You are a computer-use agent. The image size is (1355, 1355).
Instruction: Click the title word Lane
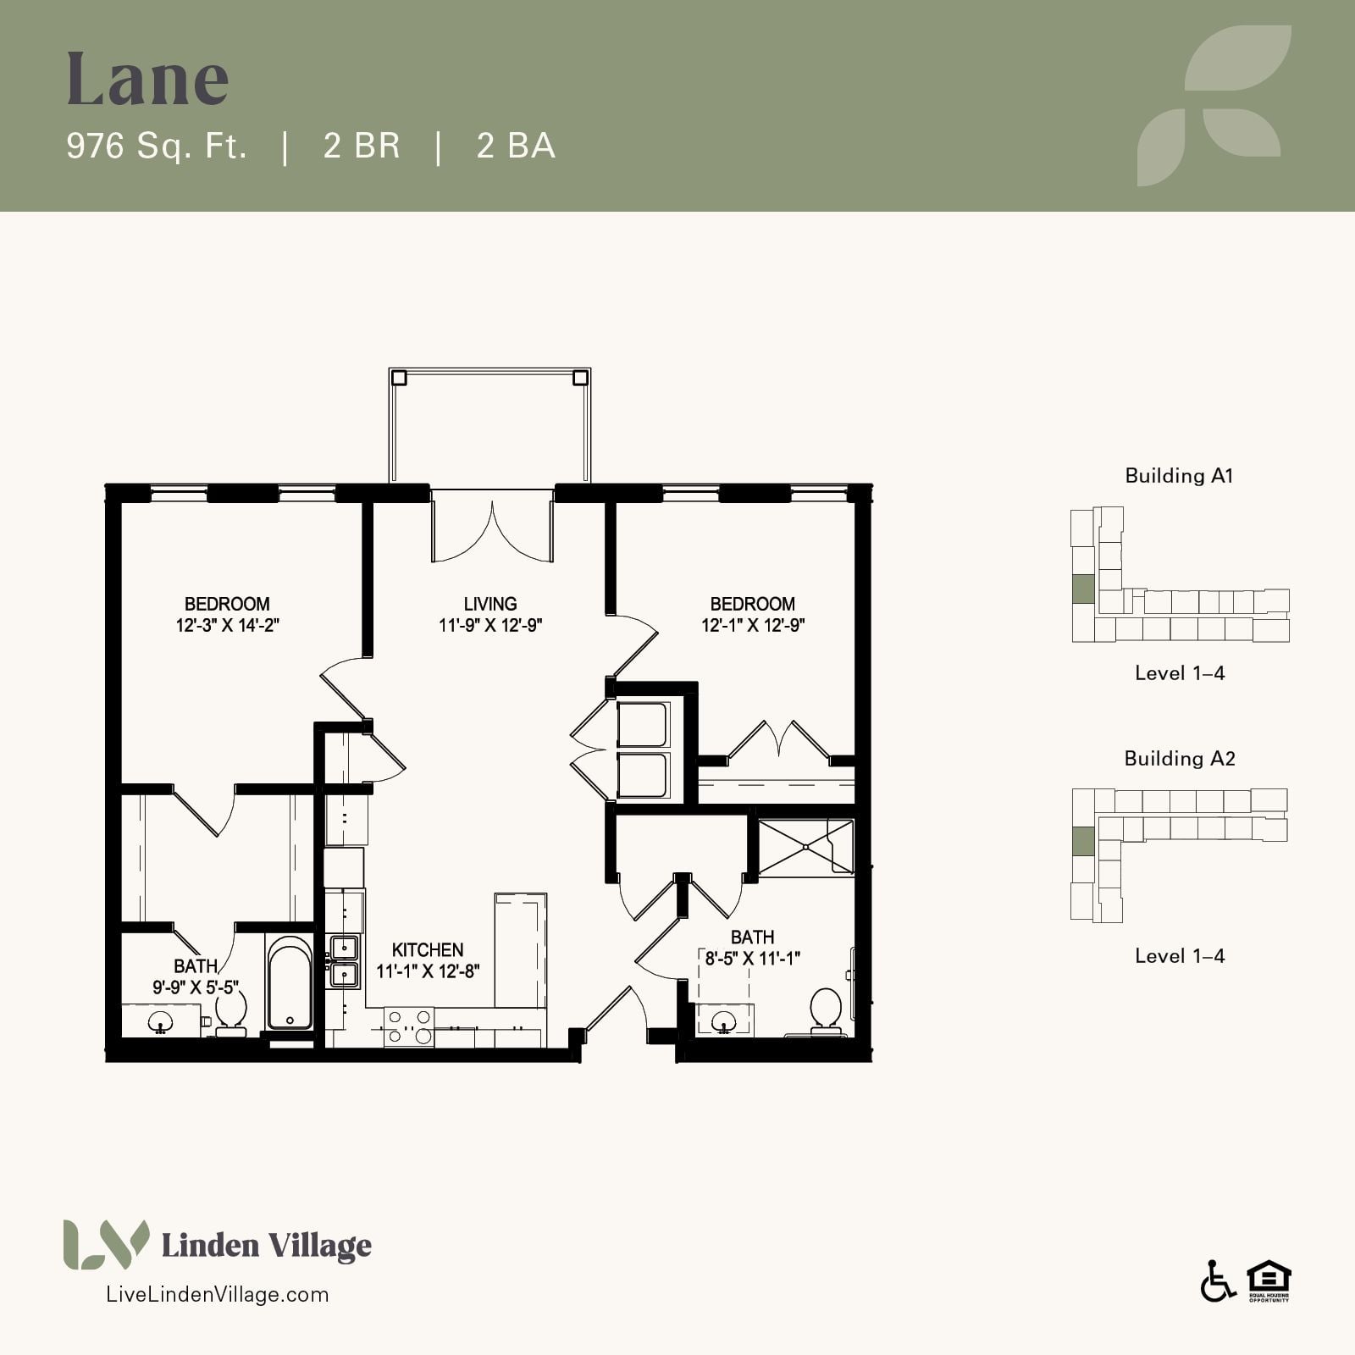pos(148,79)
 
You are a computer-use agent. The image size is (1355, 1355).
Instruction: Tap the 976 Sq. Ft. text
pos(157,146)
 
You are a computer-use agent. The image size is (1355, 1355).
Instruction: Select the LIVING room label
pos(490,604)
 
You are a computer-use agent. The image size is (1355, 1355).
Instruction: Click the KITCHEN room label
pos(428,950)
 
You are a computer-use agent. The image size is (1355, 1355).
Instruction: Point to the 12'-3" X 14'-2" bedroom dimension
pos(228,626)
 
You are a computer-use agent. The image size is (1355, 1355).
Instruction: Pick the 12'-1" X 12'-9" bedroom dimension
pos(753,626)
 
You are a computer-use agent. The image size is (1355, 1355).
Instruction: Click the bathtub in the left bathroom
pos(290,982)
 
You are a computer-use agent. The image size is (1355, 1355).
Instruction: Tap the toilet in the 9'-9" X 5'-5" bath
pos(230,1013)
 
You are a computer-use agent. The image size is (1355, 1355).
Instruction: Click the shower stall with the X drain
pos(805,846)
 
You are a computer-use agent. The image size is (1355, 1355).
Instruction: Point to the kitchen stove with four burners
pos(409,1026)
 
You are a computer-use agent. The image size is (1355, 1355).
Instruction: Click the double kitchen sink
pos(344,961)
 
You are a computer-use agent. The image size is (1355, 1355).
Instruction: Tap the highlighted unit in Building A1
pos(1083,589)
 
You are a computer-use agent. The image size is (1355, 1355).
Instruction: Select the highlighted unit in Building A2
pos(1083,841)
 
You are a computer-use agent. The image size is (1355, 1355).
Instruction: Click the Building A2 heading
pos(1180,758)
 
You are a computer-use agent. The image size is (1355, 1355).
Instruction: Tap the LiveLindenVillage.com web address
pos(217,1294)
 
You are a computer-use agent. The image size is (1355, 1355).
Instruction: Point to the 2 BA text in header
pos(516,146)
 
